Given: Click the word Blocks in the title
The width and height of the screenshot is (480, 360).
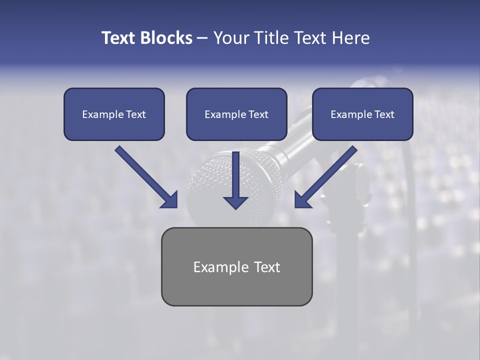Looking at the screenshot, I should [x=166, y=38].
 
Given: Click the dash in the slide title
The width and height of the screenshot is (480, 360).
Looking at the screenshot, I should [x=202, y=38].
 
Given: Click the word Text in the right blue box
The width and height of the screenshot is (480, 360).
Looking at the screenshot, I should [x=384, y=114].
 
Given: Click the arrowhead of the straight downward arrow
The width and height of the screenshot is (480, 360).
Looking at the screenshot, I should [x=235, y=202].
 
